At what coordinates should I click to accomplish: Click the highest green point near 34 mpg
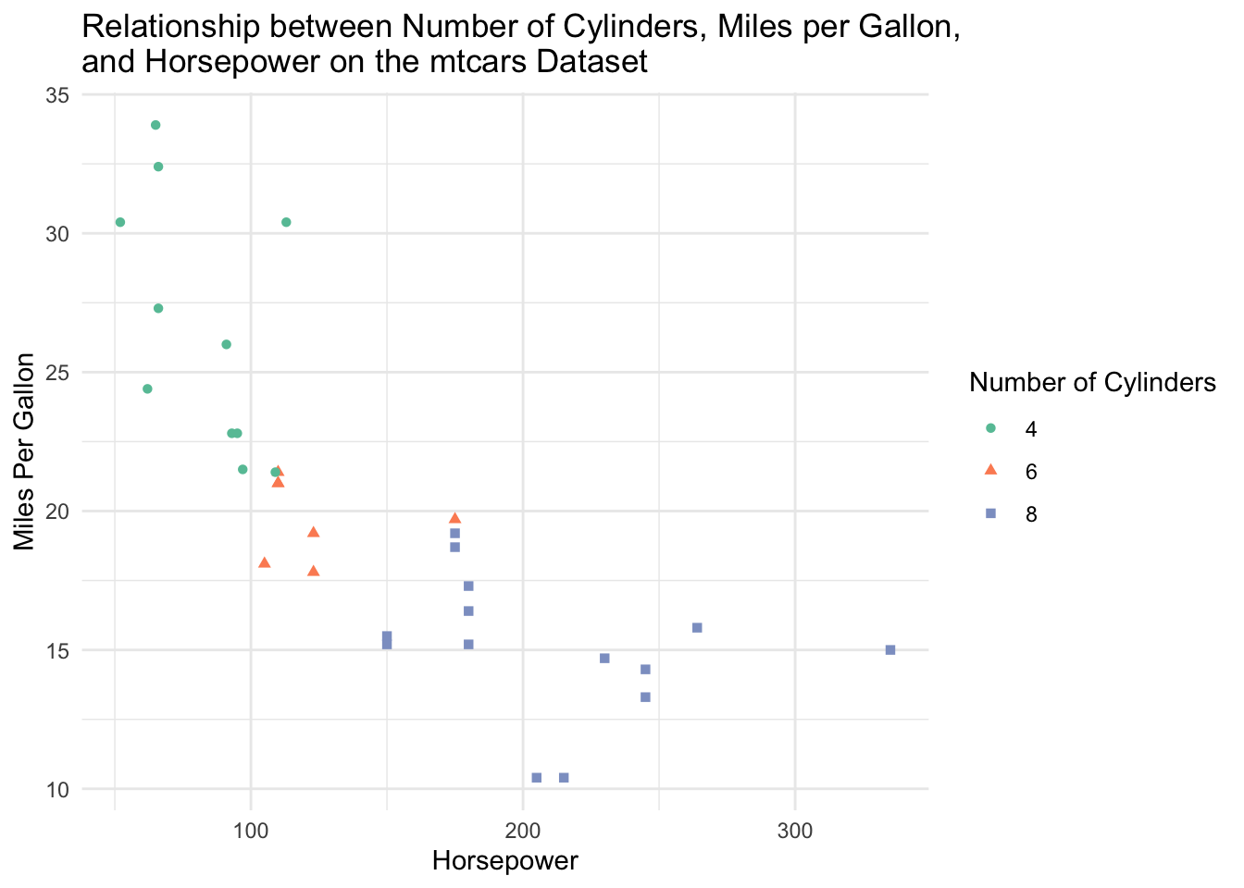[155, 125]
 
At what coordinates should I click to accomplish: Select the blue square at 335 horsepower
[890, 650]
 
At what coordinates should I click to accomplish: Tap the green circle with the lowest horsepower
[120, 222]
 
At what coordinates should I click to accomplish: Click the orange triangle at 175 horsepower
[454, 518]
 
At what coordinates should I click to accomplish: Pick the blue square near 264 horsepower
[697, 628]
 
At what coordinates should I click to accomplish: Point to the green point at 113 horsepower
[286, 222]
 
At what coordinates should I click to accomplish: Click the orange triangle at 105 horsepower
[264, 562]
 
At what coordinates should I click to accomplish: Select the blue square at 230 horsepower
[604, 659]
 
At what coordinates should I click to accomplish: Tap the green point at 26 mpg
[226, 344]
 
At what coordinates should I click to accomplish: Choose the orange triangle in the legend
[990, 470]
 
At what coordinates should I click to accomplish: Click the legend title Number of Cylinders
[1091, 383]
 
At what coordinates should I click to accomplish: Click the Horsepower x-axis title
[505, 861]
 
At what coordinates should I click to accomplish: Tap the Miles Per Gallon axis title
[25, 451]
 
